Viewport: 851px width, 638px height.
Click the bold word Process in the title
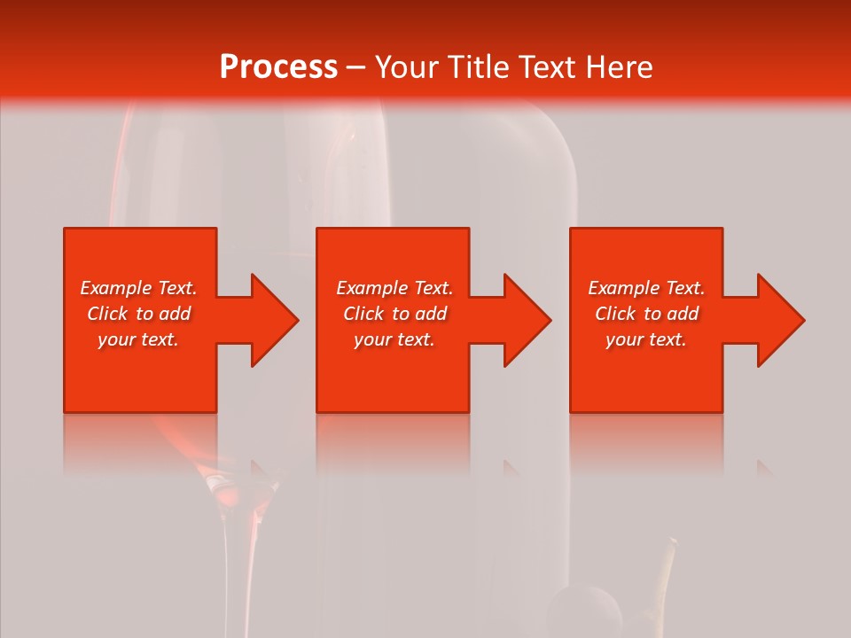pyautogui.click(x=278, y=67)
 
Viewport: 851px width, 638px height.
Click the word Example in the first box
pyautogui.click(x=115, y=288)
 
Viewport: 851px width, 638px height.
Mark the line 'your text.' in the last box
pyautogui.click(x=646, y=339)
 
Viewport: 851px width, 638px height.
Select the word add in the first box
pyautogui.click(x=175, y=314)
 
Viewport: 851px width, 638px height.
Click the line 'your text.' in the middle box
pyautogui.click(x=394, y=339)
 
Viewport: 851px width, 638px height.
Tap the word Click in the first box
pyautogui.click(x=108, y=314)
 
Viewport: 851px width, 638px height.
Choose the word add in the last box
pyautogui.click(x=683, y=314)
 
